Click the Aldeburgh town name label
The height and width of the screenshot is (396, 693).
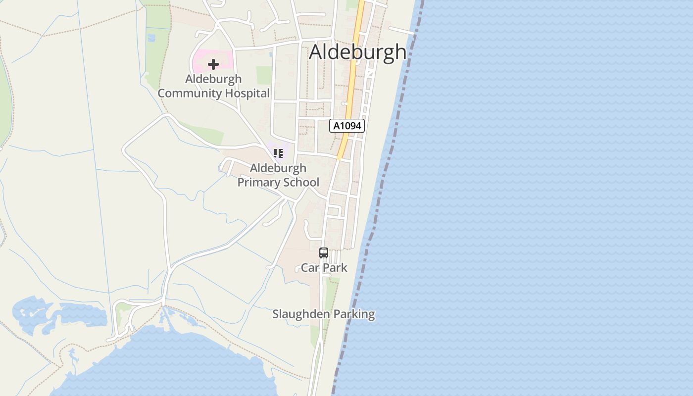tap(357, 52)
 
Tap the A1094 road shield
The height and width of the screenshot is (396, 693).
tap(347, 126)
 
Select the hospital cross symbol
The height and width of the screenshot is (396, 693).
tap(213, 64)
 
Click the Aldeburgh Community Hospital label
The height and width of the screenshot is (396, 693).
tap(213, 86)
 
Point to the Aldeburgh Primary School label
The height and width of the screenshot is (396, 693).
tap(278, 175)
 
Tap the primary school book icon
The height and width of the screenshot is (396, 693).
tap(278, 153)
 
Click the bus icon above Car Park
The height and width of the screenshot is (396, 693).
tap(324, 253)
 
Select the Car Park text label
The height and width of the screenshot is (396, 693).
tap(324, 268)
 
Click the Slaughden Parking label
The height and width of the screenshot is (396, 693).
tap(324, 314)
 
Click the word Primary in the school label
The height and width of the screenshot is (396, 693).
tap(257, 182)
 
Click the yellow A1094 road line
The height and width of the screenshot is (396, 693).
tap(353, 74)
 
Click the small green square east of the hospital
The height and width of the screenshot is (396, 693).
tap(264, 75)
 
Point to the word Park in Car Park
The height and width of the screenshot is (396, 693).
tap(335, 268)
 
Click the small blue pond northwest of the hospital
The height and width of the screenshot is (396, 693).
tap(151, 37)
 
